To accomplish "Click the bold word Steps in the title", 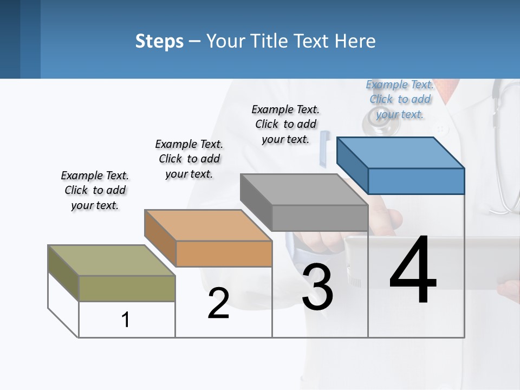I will tap(159, 41).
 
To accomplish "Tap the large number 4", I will tap(413, 271).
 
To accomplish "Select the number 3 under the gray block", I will tap(317, 287).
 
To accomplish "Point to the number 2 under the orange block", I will tap(218, 303).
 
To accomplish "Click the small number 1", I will tap(125, 320).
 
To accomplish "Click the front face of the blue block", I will tap(416, 181).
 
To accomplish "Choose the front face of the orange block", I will tap(224, 253).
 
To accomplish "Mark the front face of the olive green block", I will tap(127, 288).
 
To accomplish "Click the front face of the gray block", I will tap(320, 218).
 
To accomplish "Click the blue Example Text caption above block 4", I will tap(400, 99).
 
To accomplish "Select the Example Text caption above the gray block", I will tap(285, 124).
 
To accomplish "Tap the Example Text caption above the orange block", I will tap(189, 159).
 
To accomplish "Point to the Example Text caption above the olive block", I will tap(95, 190).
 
